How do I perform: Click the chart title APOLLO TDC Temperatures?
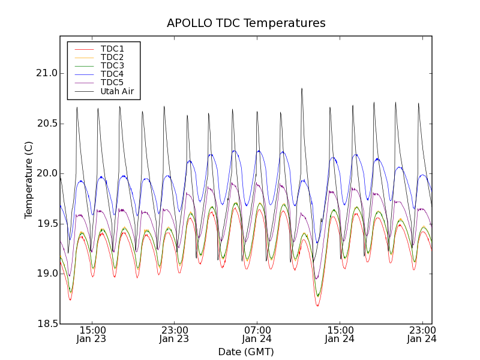click(246, 23)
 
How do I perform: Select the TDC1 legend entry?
click(112, 49)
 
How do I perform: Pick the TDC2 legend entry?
click(112, 57)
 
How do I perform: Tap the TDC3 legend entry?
click(112, 65)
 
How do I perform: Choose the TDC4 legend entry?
click(112, 74)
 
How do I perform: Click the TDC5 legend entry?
click(112, 82)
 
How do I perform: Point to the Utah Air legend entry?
click(117, 91)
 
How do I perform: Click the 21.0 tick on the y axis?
click(46, 73)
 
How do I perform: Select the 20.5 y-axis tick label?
click(46, 124)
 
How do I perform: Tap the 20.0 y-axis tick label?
click(46, 173)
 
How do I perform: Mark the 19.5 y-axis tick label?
click(46, 224)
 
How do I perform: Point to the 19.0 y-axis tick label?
click(46, 274)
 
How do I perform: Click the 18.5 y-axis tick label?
click(46, 324)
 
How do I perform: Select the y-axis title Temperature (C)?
click(29, 180)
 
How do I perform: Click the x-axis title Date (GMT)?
click(246, 352)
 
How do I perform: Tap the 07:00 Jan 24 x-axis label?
click(257, 334)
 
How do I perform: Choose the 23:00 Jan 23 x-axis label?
click(174, 334)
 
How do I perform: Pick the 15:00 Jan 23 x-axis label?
click(91, 334)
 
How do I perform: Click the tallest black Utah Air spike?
click(302, 89)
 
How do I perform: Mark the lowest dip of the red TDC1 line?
click(317, 306)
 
